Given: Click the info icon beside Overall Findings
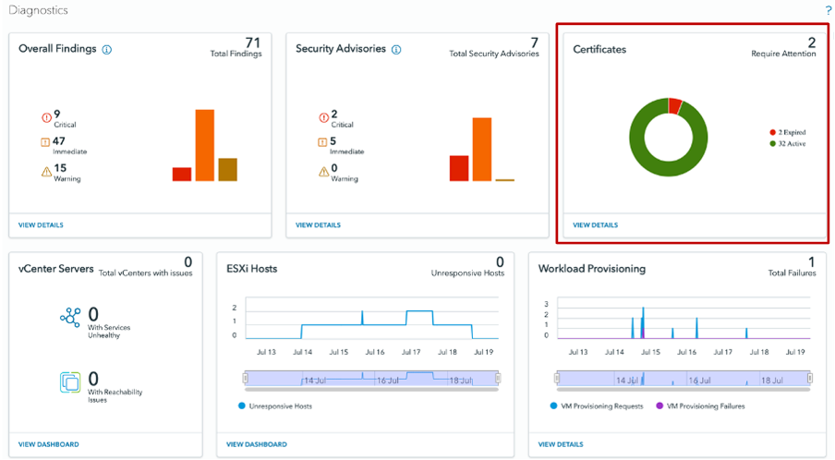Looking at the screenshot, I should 107,49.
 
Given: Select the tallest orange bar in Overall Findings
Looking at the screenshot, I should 204,145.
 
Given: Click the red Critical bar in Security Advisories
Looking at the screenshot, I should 459,168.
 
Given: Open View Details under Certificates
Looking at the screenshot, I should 595,224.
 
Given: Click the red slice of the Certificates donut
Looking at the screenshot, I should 675,105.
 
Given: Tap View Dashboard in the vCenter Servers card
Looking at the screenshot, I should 49,444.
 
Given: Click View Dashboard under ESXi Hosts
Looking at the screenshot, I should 257,444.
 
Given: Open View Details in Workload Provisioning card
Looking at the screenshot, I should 561,444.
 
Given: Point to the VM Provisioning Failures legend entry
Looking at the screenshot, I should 699,406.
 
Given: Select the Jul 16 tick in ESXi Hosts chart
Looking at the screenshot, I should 375,352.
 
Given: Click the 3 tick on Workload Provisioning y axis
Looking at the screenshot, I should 547,304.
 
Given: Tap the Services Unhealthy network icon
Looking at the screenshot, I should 70,318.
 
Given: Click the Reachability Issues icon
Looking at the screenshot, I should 70,381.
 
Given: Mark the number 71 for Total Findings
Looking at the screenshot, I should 253,42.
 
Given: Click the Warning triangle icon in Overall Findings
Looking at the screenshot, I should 46,170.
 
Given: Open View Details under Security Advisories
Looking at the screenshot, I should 318,224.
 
